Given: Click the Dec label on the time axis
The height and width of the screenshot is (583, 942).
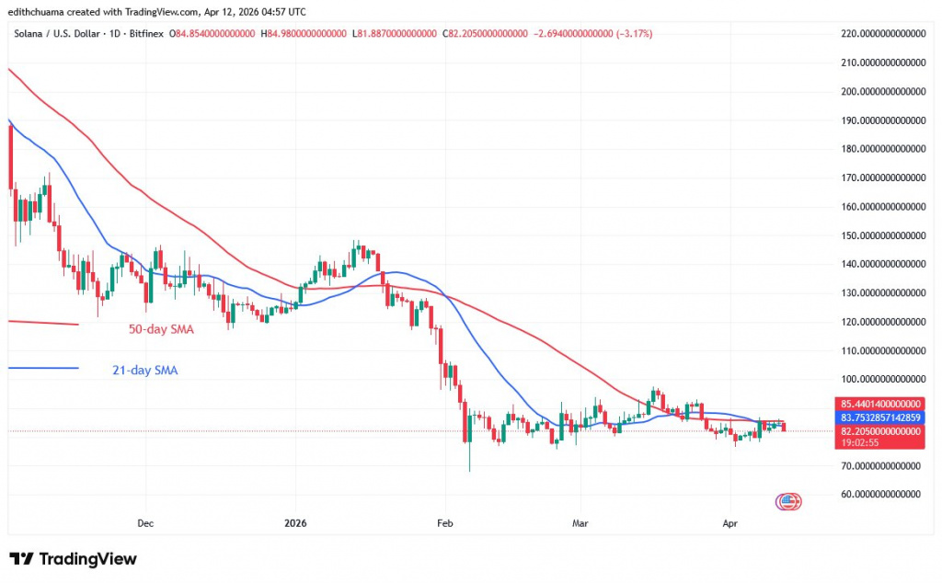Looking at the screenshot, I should pos(145,523).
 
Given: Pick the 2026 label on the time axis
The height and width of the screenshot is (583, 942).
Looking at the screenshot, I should pos(296,523).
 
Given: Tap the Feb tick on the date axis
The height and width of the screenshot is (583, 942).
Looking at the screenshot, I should pos(444,523).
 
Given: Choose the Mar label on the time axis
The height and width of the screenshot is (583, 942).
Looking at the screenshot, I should pos(580,523).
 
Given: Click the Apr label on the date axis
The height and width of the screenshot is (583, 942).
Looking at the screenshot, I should pos(730,523).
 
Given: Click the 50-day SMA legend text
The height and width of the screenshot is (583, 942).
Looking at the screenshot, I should pos(161,328).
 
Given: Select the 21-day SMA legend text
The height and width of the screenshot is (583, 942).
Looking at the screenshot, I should pos(145,371).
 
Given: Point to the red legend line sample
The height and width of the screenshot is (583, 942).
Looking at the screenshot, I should pos(42,323).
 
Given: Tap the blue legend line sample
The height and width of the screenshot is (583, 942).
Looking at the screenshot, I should pos(42,368).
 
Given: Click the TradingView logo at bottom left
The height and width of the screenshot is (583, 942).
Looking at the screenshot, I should pos(73,559).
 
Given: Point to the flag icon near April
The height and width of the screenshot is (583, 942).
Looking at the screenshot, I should pos(787,501).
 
